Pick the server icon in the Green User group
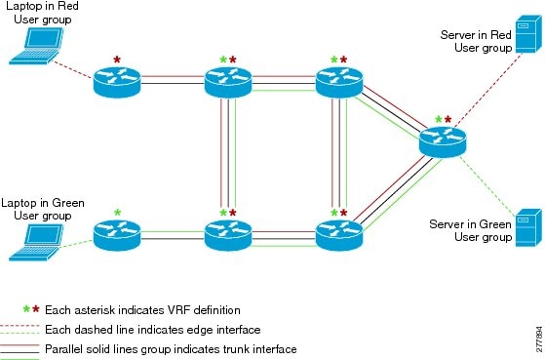tap(527, 228)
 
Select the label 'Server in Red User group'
tap(475, 40)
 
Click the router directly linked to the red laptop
tap(118, 81)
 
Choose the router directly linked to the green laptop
tap(118, 234)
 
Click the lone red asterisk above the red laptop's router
tap(118, 60)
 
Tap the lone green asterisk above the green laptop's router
tap(118, 212)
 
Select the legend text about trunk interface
tap(171, 348)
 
